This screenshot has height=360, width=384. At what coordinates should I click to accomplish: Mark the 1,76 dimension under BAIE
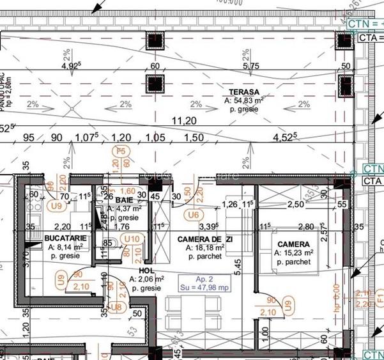[x=121, y=226]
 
